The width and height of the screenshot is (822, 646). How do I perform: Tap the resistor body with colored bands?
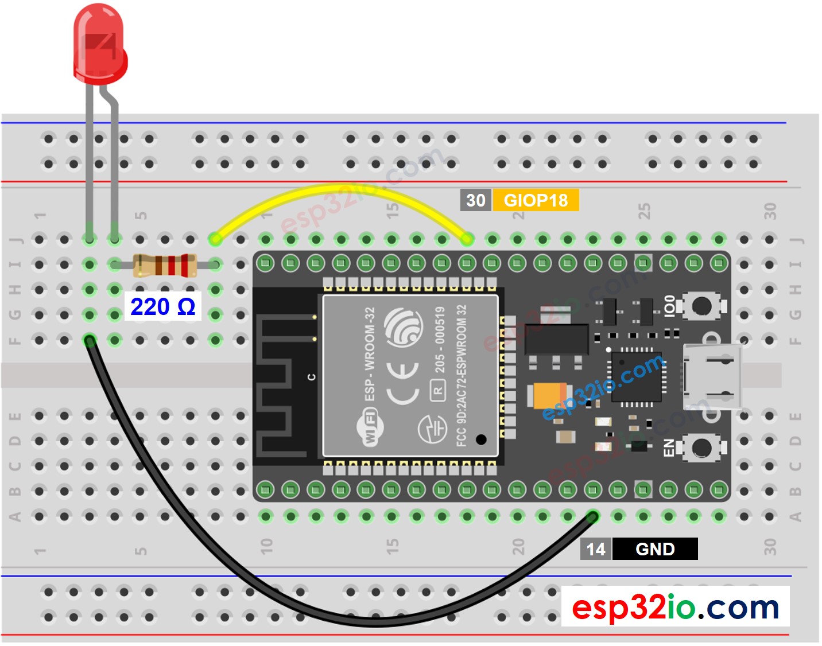pyautogui.click(x=165, y=265)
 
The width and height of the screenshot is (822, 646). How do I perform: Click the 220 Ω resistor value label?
pyautogui.click(x=163, y=307)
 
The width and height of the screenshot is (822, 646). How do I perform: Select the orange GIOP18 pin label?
pyautogui.click(x=536, y=200)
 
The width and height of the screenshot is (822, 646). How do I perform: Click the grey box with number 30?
pyautogui.click(x=475, y=200)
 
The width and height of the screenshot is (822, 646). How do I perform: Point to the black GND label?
pyautogui.click(x=655, y=549)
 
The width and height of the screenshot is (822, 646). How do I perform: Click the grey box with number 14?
pyautogui.click(x=596, y=549)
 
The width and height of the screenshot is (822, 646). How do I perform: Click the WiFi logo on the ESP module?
pyautogui.click(x=370, y=426)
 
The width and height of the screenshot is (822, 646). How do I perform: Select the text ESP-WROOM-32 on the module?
pyautogui.click(x=370, y=353)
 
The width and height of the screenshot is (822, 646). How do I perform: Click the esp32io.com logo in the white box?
pyautogui.click(x=675, y=607)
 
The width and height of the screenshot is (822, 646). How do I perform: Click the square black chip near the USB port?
pyautogui.click(x=637, y=376)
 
